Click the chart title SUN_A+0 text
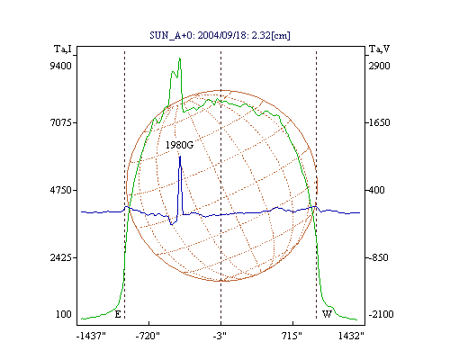coord(220,35)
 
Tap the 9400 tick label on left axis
coord(60,66)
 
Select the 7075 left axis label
coord(60,122)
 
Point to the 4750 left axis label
coord(60,190)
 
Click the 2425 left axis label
coord(60,257)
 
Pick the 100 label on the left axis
coord(64,314)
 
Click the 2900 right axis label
coord(379,66)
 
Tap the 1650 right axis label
coord(379,122)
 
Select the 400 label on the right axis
coord(376,190)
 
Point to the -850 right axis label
coord(378,257)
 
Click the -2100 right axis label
coord(381,314)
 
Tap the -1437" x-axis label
coord(91,336)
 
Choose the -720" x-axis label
coord(148,336)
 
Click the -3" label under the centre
coord(220,336)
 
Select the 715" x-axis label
coord(292,336)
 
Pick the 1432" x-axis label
coord(351,336)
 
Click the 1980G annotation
coord(179,145)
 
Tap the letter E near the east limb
coord(118,314)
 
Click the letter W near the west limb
coord(327,314)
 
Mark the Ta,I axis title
coord(63,49)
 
